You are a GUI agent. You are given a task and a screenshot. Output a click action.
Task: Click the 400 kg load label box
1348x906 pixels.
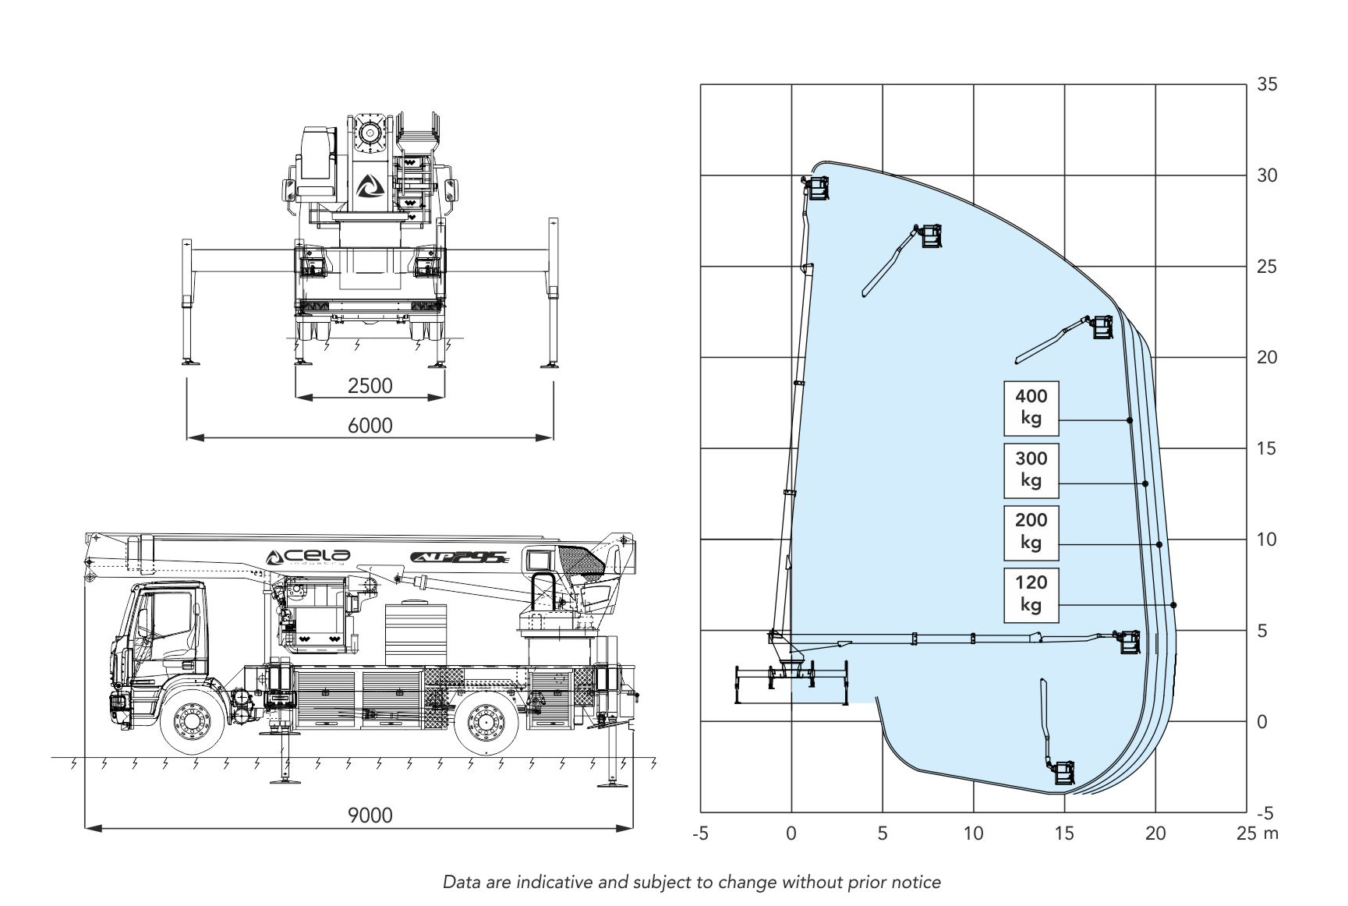pos(1031,407)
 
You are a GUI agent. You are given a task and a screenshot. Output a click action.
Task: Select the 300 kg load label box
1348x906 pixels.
pos(1031,469)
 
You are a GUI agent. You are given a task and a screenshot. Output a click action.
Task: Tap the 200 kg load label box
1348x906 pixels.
pos(1031,531)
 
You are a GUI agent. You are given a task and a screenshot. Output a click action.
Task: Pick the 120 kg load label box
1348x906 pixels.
pos(1031,593)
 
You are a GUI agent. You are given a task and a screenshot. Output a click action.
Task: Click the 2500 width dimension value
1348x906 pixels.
pos(370,386)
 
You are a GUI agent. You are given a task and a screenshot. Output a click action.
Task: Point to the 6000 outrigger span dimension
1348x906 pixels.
pos(370,426)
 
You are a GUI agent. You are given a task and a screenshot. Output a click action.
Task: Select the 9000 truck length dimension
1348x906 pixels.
pos(370,816)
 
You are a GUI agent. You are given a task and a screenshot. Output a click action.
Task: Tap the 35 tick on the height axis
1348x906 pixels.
pos(1267,84)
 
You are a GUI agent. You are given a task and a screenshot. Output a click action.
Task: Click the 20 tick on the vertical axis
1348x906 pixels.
pos(1267,357)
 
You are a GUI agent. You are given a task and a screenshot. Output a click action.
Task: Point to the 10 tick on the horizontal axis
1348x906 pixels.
pos(973,833)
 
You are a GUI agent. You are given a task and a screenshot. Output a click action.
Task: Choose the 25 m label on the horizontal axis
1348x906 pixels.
pos(1257,833)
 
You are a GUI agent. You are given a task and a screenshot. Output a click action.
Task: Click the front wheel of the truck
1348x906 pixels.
pos(190,721)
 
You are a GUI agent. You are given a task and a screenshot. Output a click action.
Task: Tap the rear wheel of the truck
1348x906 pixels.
pos(486,721)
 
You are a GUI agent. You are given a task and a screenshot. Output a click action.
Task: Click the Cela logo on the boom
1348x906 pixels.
pos(309,557)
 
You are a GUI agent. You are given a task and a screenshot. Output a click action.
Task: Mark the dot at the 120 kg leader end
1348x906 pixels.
pos(1173,605)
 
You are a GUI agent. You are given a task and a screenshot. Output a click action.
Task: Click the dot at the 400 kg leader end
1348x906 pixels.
pos(1130,420)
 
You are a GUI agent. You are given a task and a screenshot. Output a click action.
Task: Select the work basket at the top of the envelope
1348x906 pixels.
pos(816,187)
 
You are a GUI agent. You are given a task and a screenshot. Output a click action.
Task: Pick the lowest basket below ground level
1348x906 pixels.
pos(1063,773)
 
